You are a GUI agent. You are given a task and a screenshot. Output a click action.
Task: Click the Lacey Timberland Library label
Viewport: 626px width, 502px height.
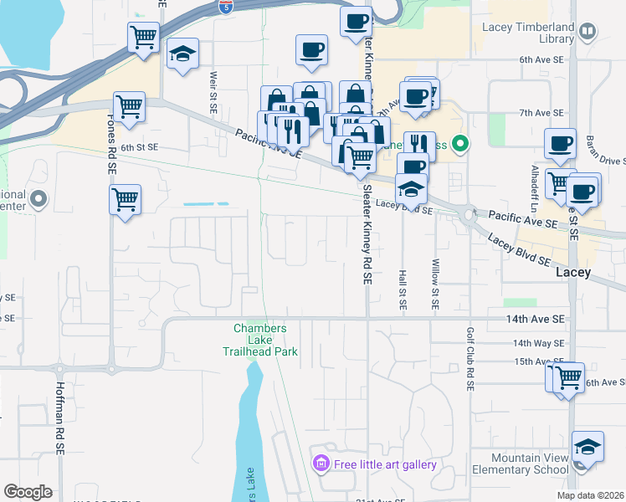click(528, 33)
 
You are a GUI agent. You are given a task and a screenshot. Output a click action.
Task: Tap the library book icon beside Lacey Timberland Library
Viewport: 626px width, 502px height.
click(588, 33)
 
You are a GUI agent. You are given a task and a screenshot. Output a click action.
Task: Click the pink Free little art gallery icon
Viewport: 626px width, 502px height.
click(320, 464)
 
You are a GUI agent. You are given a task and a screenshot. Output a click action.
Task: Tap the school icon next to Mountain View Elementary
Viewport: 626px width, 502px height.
click(588, 448)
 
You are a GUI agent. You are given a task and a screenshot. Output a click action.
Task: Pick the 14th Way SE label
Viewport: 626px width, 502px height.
click(539, 343)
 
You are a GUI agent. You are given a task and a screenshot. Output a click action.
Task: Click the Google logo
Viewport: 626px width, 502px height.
click(28, 492)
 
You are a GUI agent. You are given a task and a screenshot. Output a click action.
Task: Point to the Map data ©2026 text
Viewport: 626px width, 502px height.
click(591, 495)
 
